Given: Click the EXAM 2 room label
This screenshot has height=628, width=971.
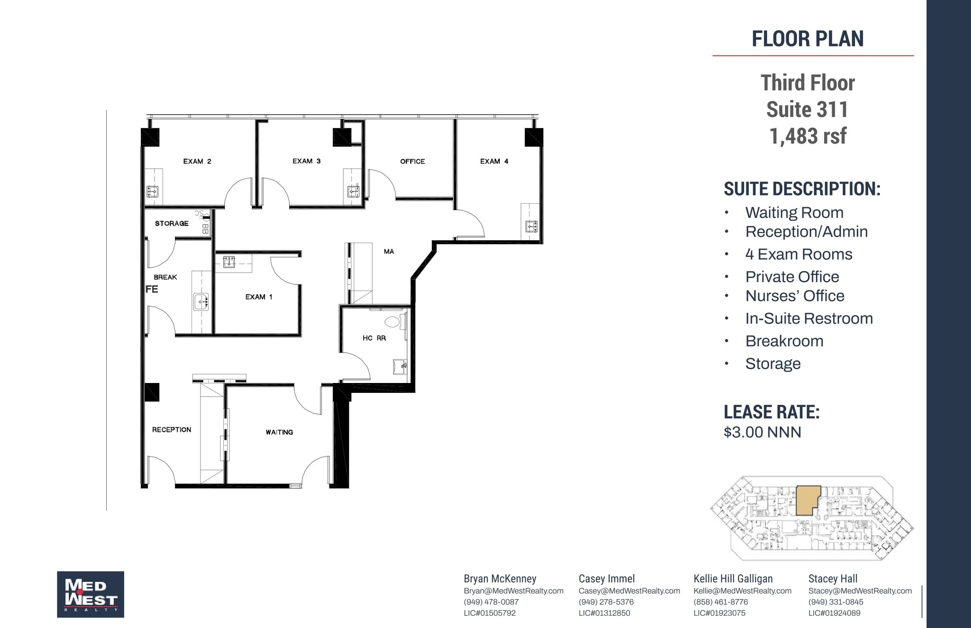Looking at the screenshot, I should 197,162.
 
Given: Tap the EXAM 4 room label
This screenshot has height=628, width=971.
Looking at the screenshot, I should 494,162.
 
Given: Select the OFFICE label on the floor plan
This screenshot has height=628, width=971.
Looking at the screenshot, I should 412,162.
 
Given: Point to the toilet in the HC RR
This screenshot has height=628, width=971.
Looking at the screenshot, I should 392,322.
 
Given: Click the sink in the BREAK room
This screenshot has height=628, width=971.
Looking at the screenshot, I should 201,301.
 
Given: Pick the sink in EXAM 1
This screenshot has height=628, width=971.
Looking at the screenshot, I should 229,262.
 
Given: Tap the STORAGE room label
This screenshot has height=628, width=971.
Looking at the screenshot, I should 172,224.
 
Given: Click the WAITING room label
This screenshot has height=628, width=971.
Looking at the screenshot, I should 279,432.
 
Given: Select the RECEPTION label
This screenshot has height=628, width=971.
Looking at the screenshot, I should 172,430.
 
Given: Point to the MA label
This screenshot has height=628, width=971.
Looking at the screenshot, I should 389,252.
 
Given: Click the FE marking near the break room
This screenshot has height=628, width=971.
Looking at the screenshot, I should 152,289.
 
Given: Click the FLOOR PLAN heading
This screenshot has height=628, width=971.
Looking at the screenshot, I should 807,39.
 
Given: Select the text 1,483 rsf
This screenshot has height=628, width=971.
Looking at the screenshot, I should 807,137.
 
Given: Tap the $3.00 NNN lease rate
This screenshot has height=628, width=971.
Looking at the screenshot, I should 762,432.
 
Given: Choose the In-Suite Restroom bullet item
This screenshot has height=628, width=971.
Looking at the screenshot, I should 809,319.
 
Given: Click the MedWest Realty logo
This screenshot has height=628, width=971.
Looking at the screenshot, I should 91,594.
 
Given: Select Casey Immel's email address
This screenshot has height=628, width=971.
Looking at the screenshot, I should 629,591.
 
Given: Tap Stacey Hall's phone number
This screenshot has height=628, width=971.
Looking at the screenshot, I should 836,602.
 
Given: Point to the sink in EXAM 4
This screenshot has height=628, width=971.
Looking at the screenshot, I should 531,227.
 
